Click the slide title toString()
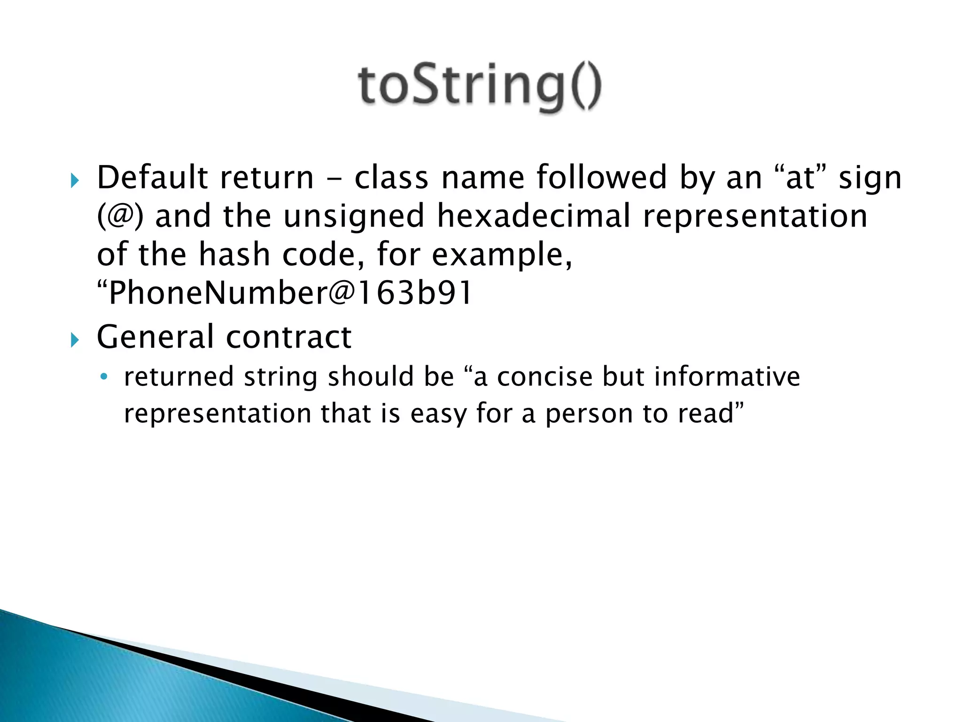479,87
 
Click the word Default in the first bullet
152,178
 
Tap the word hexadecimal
534,216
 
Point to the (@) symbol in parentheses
120,216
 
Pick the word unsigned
354,216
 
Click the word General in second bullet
155,337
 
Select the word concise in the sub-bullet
545,377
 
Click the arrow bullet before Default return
75,180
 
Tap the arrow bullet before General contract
75,339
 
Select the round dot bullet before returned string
104,377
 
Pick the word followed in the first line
602,178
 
